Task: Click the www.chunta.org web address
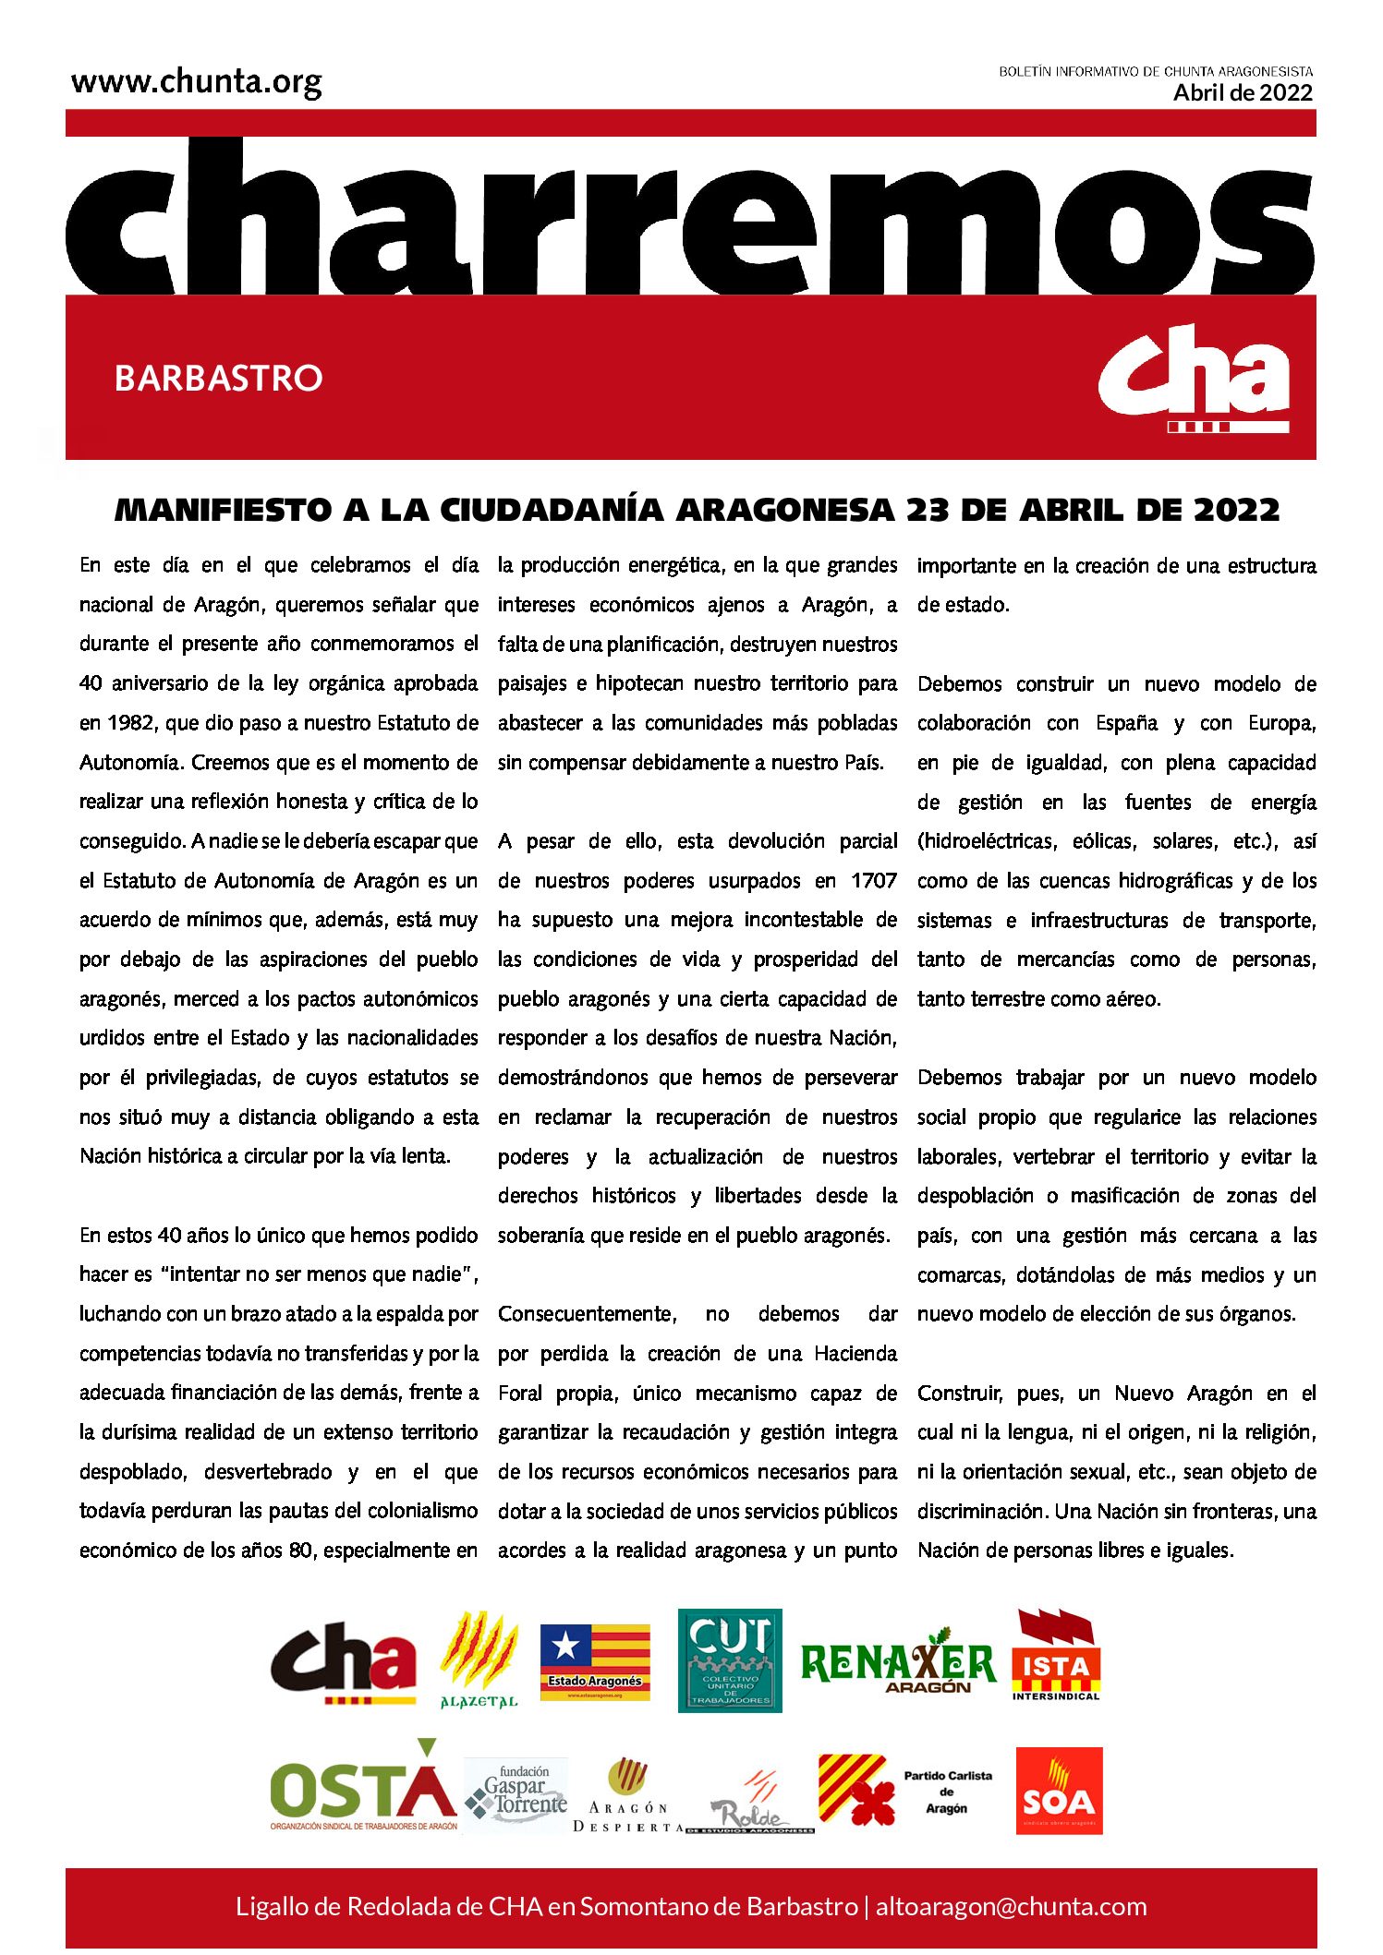coord(196,83)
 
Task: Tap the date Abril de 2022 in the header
coord(1243,92)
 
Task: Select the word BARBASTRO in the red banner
coord(218,378)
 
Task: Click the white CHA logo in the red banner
coord(1194,378)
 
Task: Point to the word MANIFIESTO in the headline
coord(223,510)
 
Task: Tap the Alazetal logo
coord(479,1659)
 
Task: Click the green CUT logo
coord(730,1660)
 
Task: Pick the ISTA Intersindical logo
coord(1056,1656)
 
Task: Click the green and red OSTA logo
coord(363,1789)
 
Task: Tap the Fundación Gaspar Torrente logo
coord(516,1792)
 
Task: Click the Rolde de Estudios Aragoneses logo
coord(750,1803)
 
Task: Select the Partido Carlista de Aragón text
coord(947,1792)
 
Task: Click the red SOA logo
coord(1059,1791)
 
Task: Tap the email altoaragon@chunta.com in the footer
coord(1011,1906)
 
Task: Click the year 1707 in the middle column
coord(873,881)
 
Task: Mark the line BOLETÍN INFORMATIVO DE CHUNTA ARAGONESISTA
coord(1155,71)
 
